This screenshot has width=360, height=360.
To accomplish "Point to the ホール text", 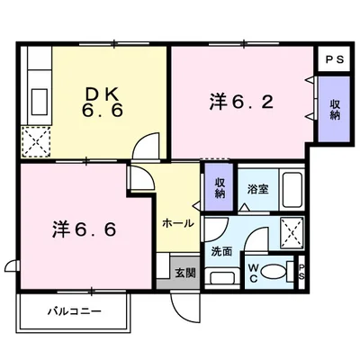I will tap(176, 221).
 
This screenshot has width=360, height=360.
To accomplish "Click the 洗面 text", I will tap(222, 252).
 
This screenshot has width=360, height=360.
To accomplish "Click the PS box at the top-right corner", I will tap(334, 59).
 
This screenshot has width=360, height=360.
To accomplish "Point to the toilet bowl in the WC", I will tap(277, 271).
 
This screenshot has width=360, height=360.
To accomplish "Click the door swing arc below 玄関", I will tap(185, 305).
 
